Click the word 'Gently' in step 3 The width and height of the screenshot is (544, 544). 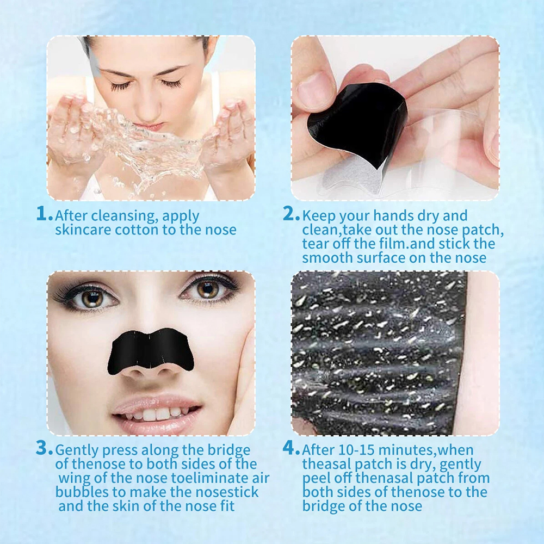(77, 450)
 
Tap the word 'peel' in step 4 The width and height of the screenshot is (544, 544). (316, 479)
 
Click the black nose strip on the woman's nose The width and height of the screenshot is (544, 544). (151, 350)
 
